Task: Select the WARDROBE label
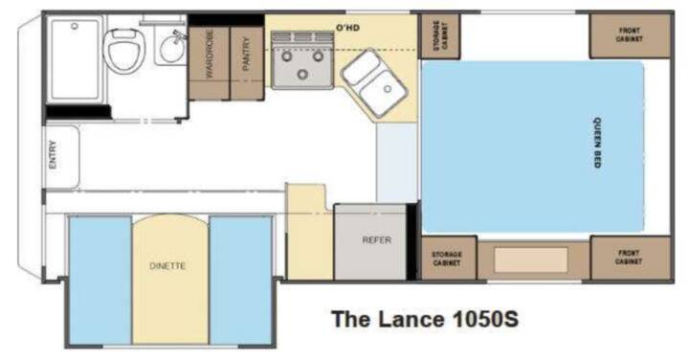210,54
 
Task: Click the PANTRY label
247,54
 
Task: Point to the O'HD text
347,28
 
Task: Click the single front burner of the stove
302,74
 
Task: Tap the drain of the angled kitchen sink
388,89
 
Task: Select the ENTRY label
53,154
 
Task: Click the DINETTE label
167,266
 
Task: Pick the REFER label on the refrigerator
377,240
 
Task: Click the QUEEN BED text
597,143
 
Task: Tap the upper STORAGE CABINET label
441,35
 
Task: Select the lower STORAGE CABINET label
447,259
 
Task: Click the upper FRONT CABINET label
630,34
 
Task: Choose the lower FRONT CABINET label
629,258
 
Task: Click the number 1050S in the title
485,319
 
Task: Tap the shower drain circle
75,27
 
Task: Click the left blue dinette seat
100,280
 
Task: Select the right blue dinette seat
241,280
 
